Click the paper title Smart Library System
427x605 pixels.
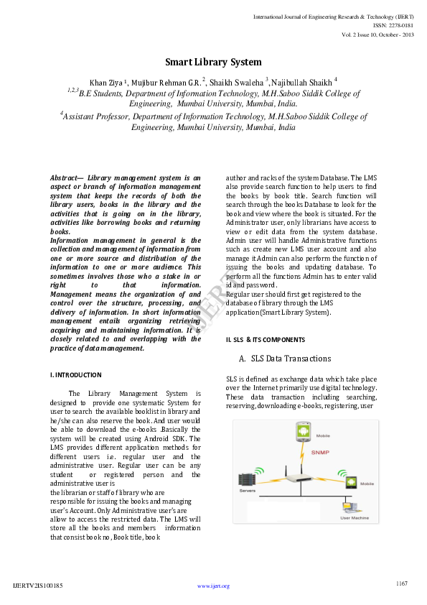pos(213,62)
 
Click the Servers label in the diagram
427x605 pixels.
pos(248,491)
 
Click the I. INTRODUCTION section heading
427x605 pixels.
pos(75,375)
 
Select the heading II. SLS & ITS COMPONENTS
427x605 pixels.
pos(265,339)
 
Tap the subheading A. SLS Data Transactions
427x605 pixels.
pos(285,358)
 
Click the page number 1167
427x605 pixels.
pos(401,583)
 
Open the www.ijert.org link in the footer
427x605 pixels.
pos(213,586)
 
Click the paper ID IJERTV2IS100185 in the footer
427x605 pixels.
pos(38,586)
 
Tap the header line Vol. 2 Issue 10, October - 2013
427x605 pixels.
pos(377,34)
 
